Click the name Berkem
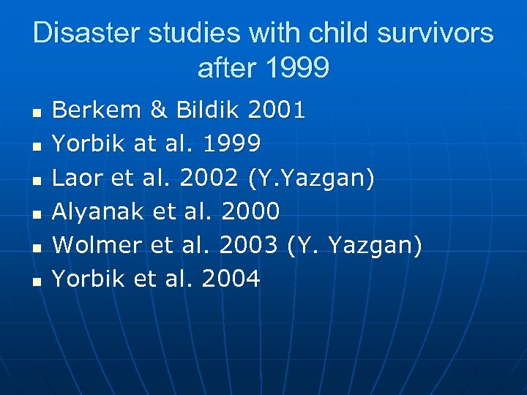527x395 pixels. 97,110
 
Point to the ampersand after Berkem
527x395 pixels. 158,110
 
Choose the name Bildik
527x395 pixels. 209,110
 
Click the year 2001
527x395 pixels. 277,110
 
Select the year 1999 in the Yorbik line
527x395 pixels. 231,144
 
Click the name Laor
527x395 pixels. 77,178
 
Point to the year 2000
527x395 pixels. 251,211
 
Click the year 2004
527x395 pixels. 231,279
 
